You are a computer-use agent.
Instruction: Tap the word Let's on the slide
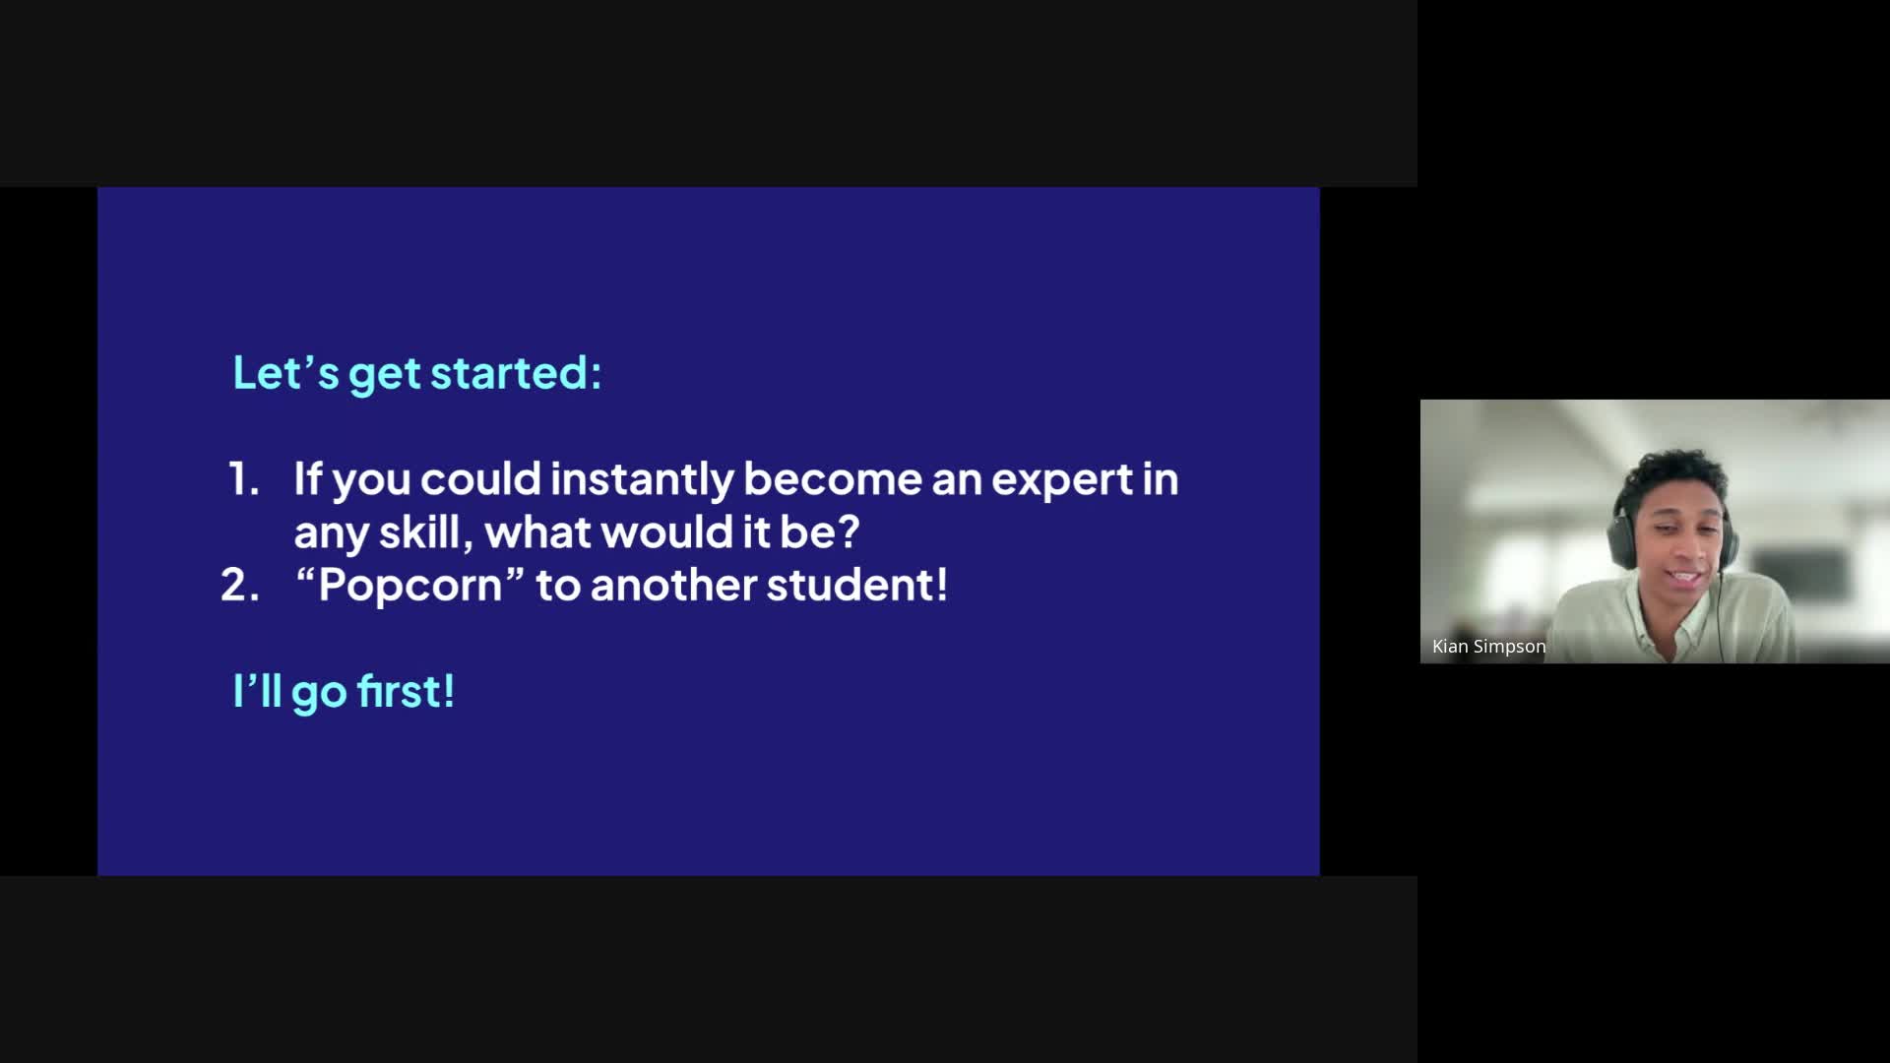(x=285, y=373)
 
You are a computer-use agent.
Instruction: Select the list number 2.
(x=240, y=586)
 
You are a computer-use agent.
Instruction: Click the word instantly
(x=642, y=480)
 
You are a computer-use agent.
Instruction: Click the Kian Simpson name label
(x=1488, y=647)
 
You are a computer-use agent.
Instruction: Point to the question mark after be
(x=848, y=532)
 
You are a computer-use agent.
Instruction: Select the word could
(x=481, y=479)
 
